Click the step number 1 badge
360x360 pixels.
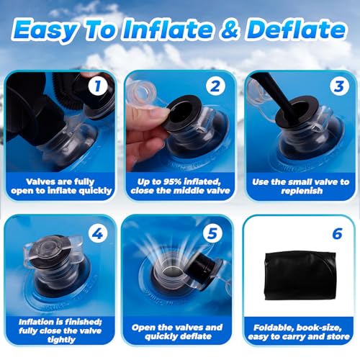(97, 86)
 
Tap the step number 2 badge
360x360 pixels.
(215, 86)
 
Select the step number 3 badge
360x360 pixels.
(339, 86)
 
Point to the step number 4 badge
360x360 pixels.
(98, 233)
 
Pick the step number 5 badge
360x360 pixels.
(212, 233)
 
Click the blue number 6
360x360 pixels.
(337, 233)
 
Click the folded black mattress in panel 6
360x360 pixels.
(300, 276)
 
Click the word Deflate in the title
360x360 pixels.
(296, 30)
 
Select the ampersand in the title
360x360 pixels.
(230, 30)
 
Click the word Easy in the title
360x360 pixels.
(45, 31)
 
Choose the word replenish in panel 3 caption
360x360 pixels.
(302, 191)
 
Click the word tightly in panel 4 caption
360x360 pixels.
(61, 340)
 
